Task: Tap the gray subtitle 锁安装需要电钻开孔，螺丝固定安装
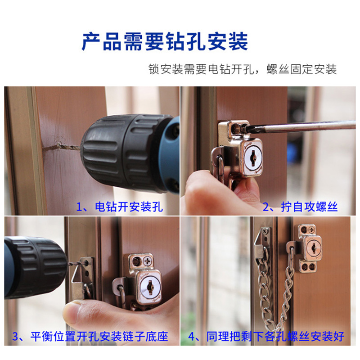(x=242, y=69)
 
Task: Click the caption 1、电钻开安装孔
(x=120, y=207)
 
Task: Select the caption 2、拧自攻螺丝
(x=300, y=207)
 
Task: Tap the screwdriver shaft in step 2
(x=306, y=126)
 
